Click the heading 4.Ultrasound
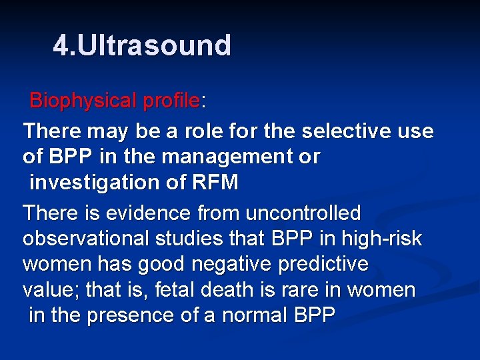142,46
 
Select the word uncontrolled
303,213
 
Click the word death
201,290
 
